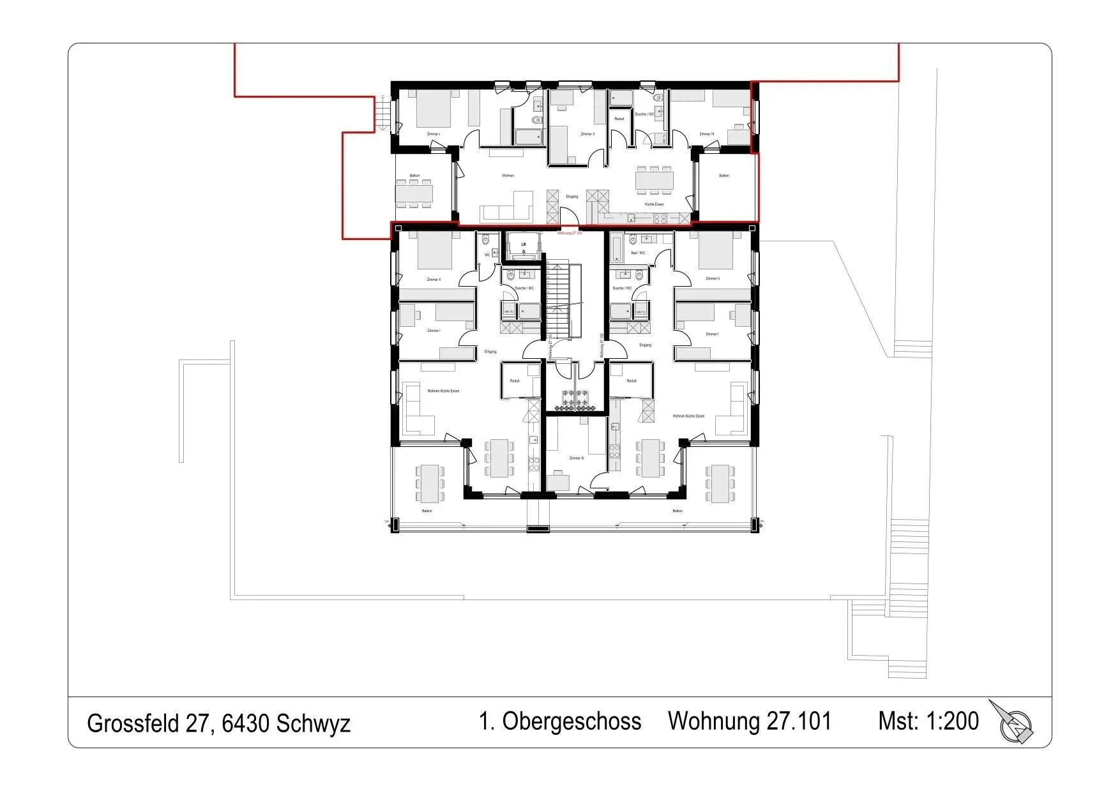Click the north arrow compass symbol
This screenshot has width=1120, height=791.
pos(1013,724)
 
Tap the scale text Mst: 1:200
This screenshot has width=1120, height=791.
pos(928,721)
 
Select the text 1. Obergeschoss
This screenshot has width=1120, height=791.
pos(559,721)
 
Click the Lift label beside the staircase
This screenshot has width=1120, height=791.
pos(523,244)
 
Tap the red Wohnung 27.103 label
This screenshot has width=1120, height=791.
pos(569,234)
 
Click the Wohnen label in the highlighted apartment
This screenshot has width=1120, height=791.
pos(508,176)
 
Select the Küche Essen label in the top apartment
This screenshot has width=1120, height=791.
pos(654,204)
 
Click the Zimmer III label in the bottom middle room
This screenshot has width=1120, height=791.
pos(575,458)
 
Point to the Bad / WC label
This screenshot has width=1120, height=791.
pos(637,253)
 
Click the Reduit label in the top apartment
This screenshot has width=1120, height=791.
pos(619,119)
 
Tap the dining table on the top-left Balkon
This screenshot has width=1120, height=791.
pos(414,193)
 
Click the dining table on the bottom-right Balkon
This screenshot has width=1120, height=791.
pos(720,483)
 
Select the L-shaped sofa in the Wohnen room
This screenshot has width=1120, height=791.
pos(505,211)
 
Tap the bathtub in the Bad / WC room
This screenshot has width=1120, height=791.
pos(616,248)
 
